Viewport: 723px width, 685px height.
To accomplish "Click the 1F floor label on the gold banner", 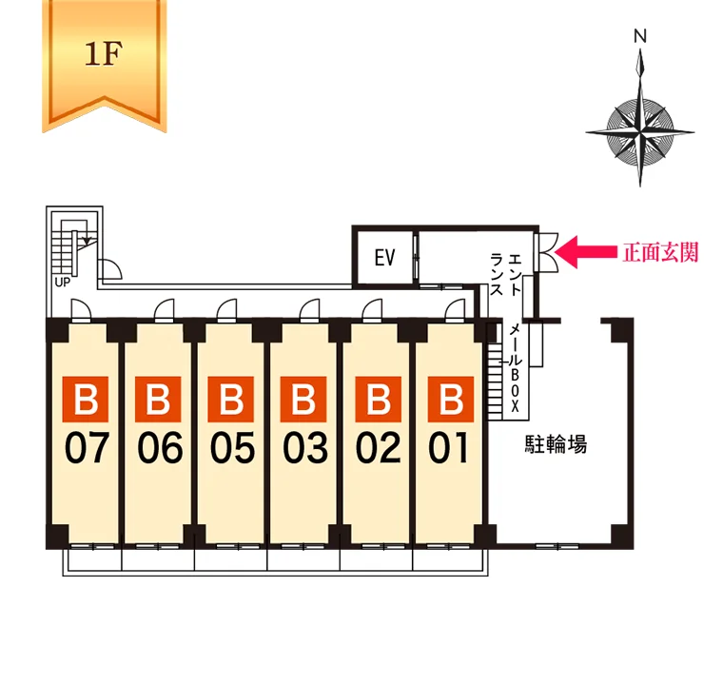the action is [x=104, y=53].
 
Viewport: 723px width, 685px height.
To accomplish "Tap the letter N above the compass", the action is [x=640, y=36].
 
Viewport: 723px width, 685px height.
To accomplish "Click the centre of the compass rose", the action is [x=640, y=132].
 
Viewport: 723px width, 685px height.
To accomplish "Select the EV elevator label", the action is [x=385, y=258].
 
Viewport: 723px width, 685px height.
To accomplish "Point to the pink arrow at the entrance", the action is [x=586, y=252].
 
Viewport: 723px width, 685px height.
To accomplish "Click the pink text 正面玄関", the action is [x=661, y=252].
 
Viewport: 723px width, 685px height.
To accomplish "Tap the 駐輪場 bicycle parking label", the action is [x=557, y=444].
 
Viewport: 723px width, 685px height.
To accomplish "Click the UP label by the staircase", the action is [x=63, y=282].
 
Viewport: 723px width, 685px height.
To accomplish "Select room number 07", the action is [x=87, y=447].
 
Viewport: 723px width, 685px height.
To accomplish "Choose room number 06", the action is [x=160, y=447].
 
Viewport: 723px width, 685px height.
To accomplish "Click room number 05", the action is [x=232, y=447].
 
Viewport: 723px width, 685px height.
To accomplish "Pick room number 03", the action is [x=305, y=447].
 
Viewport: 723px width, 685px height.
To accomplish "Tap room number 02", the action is [x=378, y=447].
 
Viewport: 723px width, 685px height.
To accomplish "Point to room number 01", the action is [x=448, y=447].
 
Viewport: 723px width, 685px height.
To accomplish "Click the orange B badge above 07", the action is [x=86, y=399].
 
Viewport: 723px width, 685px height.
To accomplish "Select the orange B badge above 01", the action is [x=451, y=399].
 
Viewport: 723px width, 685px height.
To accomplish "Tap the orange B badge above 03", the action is [x=303, y=399].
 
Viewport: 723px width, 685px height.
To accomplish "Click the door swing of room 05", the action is [x=226, y=310].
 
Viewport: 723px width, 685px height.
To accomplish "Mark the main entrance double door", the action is [x=546, y=252].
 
